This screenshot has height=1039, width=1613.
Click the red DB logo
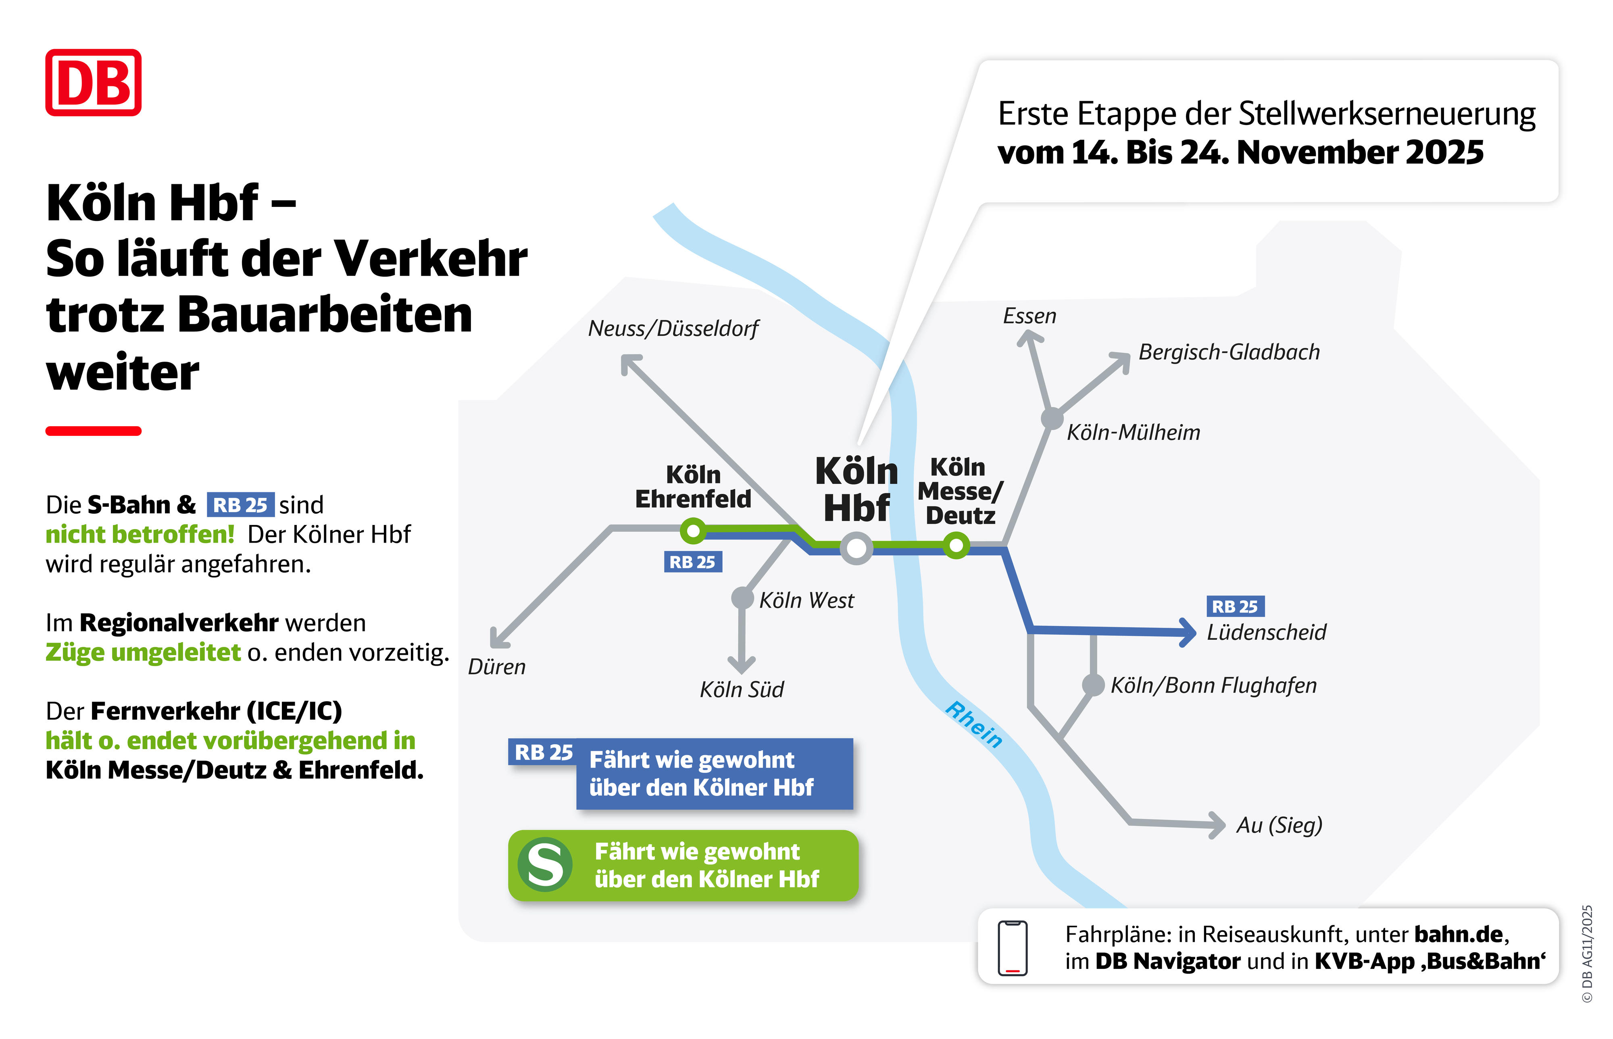[93, 82]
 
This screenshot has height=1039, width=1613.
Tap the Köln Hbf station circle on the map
[856, 548]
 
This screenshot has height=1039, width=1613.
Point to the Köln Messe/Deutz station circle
[956, 545]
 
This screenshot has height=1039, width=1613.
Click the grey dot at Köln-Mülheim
[1052, 419]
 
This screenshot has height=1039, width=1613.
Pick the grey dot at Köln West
[742, 598]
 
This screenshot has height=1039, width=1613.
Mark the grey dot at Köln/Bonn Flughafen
[1093, 685]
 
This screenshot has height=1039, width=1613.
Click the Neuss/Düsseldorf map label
[673, 329]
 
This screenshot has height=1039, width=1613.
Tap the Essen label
[1029, 316]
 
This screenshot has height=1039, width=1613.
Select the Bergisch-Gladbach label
[1228, 352]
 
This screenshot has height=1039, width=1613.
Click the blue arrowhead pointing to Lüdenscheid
[1187, 633]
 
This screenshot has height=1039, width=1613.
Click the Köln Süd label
[742, 689]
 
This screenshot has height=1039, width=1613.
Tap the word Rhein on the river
[973, 725]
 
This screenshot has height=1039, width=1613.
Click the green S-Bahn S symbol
[545, 865]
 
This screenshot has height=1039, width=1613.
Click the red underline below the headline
[93, 431]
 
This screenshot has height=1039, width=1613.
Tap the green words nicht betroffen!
[140, 534]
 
